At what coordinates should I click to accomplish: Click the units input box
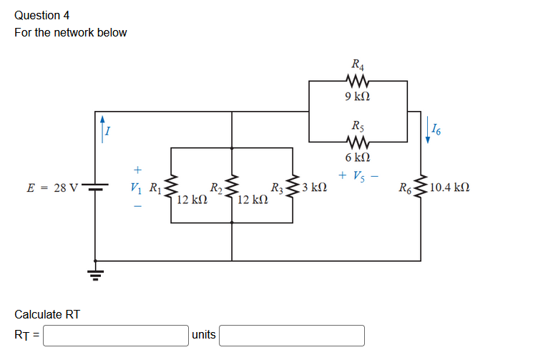[x=291, y=335]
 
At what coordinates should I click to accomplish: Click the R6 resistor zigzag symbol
[x=420, y=188]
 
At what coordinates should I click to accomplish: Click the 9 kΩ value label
[x=357, y=97]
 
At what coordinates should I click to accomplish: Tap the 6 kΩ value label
[x=357, y=157]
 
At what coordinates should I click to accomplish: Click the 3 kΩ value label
[x=315, y=188]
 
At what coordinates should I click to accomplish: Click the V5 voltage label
[x=358, y=176]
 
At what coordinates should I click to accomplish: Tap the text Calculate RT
[x=47, y=314]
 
